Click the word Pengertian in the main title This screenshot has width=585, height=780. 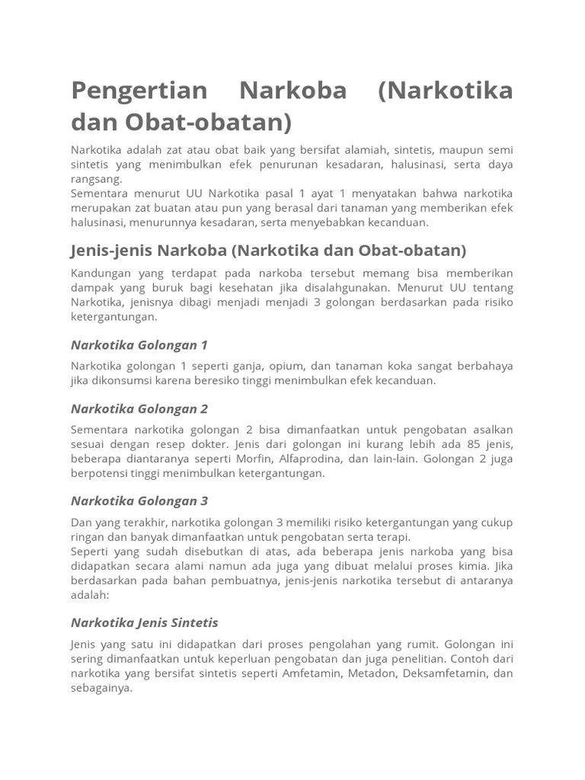pos(139,91)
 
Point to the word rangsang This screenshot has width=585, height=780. pos(96,180)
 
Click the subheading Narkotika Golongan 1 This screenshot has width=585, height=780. pos(139,345)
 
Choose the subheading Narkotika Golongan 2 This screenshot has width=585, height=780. pos(139,408)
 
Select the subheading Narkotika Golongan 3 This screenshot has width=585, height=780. pos(139,501)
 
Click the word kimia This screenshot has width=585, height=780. pos(471,566)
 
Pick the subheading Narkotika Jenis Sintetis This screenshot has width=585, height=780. pos(144,622)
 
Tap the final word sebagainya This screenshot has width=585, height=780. pos(101,688)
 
